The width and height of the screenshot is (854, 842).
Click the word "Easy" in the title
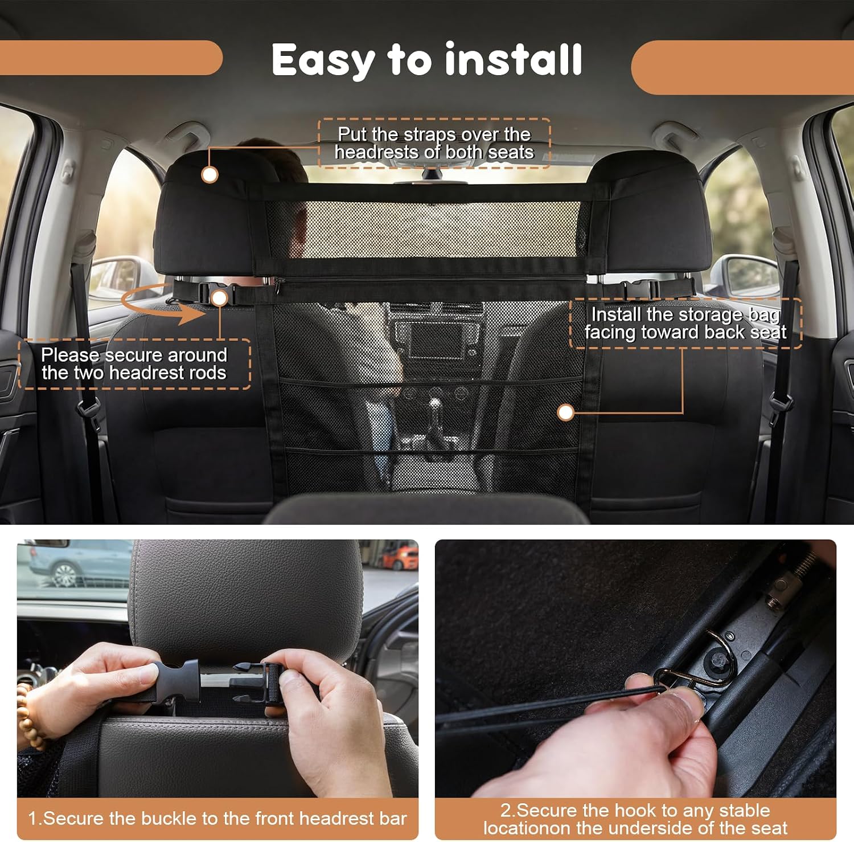point(323,60)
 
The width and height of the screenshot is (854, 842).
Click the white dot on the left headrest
point(210,174)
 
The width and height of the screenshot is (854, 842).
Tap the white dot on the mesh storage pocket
point(565,412)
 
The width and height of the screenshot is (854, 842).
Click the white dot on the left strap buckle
point(219,297)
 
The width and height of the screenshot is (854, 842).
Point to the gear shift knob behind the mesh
point(436,406)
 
